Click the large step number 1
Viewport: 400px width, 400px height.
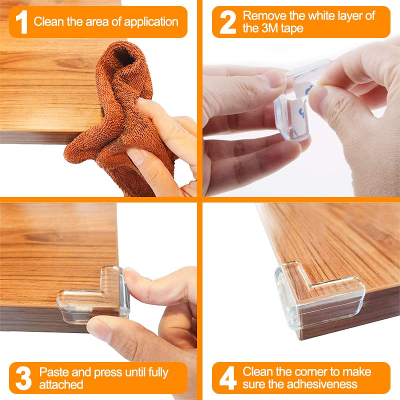(21, 22)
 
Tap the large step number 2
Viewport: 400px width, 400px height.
(227, 22)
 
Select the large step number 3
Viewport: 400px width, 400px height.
(22, 378)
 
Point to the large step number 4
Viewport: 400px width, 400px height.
(228, 378)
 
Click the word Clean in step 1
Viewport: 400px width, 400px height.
(48, 22)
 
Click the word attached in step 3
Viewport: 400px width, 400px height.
(61, 385)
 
